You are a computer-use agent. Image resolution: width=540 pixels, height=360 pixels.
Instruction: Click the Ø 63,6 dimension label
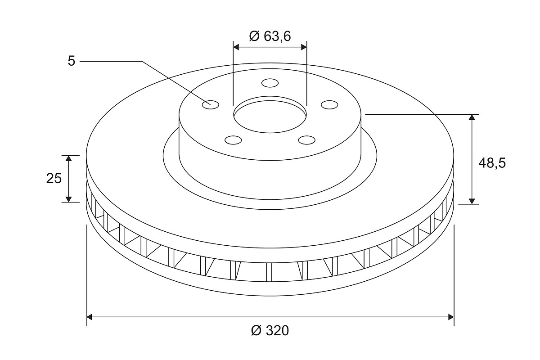click(270, 36)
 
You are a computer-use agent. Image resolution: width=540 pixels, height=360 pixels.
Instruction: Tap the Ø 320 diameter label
click(270, 330)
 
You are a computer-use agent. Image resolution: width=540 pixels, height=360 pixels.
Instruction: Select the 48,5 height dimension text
click(492, 163)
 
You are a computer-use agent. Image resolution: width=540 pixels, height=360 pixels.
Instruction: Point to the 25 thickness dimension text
click(54, 179)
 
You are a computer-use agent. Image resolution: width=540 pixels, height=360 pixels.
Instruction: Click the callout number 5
click(72, 61)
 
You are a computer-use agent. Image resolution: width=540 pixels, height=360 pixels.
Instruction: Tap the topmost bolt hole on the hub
click(270, 83)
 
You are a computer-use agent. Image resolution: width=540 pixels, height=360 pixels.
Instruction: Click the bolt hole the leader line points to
click(211, 105)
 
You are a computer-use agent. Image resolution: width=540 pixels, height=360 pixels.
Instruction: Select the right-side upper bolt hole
click(329, 105)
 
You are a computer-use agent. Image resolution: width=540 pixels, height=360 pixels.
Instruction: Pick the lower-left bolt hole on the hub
click(233, 140)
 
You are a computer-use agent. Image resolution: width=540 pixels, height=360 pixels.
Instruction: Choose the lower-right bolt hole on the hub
click(306, 140)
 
